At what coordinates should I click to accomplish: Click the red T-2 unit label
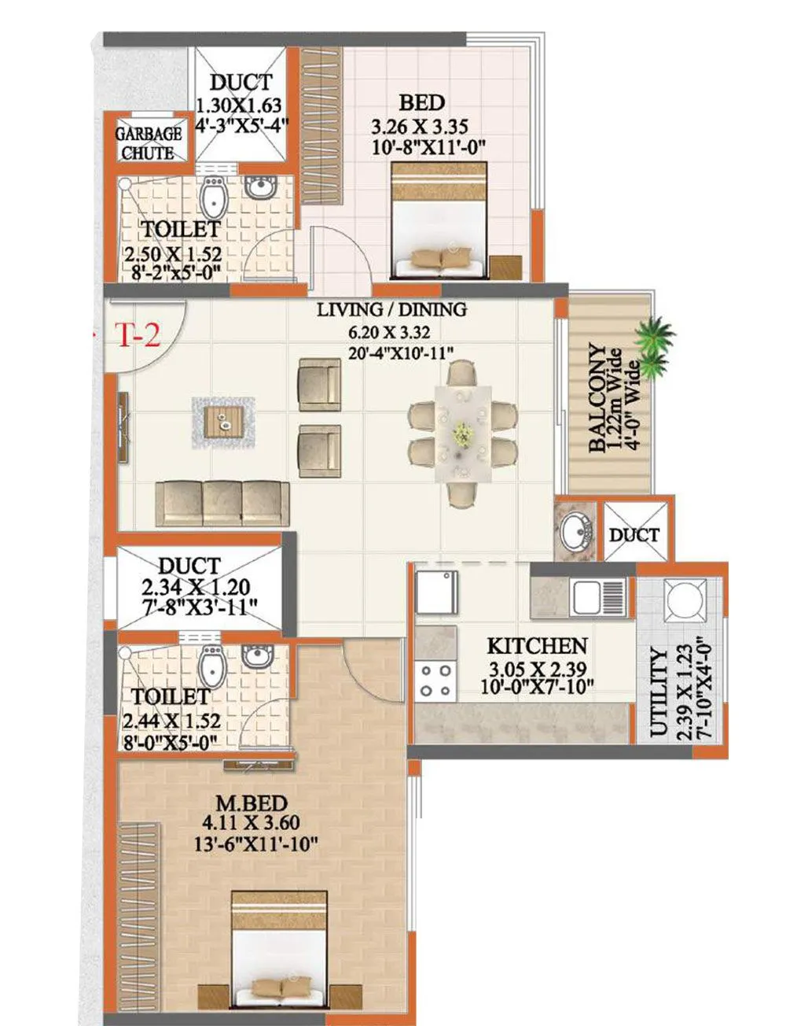139,336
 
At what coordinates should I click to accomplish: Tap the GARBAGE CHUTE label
149,143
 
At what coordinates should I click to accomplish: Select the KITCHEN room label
537,646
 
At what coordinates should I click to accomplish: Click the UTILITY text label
659,692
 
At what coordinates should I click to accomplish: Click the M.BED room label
252,803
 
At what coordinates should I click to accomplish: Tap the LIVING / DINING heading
391,310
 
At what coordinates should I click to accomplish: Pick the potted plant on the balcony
654,346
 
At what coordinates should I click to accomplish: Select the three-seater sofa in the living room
223,503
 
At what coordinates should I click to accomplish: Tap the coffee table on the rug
223,421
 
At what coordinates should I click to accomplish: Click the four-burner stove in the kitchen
436,681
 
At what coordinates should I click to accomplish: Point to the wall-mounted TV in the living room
123,423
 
